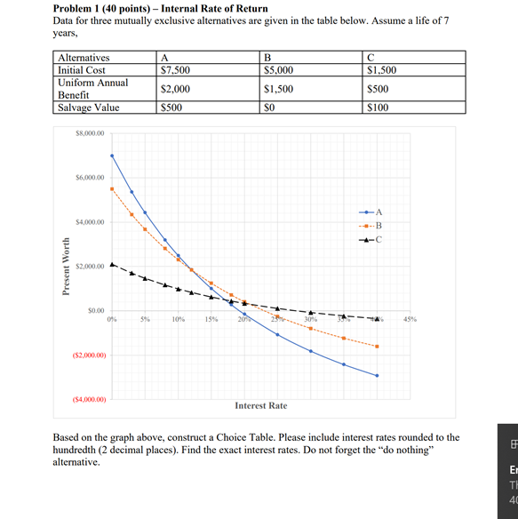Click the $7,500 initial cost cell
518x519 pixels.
[x=173, y=69]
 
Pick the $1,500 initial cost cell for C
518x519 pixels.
[x=383, y=69]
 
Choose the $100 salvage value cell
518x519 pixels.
[x=379, y=108]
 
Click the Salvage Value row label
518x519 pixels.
[x=88, y=108]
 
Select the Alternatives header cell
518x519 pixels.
[x=84, y=57]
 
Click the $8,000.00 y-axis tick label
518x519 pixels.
[x=90, y=132]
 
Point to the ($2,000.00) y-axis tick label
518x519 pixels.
[x=89, y=355]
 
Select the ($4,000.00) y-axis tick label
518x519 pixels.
[x=89, y=400]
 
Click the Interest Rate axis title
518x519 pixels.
[x=260, y=406]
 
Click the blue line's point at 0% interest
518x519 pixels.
[x=112, y=156]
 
